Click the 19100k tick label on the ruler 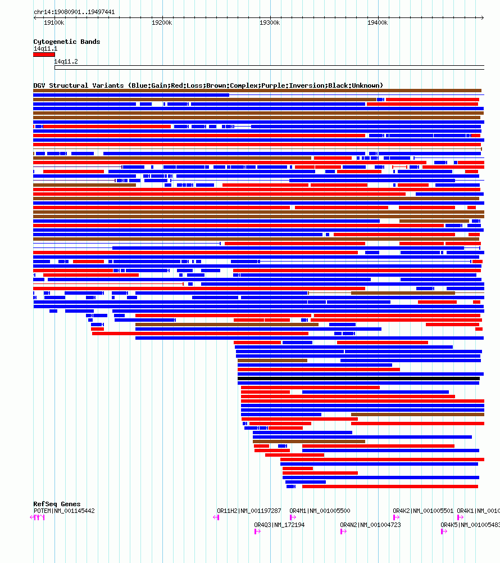[x=54, y=22]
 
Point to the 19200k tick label [x=162, y=22]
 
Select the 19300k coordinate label [x=270, y=22]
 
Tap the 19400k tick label [x=378, y=22]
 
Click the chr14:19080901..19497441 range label [x=74, y=12]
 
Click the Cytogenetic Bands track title [x=67, y=42]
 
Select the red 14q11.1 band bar [x=44, y=55]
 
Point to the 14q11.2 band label [x=66, y=61]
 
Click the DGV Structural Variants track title [x=208, y=85]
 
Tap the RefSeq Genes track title [x=57, y=504]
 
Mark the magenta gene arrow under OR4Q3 [x=257, y=532]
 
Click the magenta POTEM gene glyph [x=38, y=517]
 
